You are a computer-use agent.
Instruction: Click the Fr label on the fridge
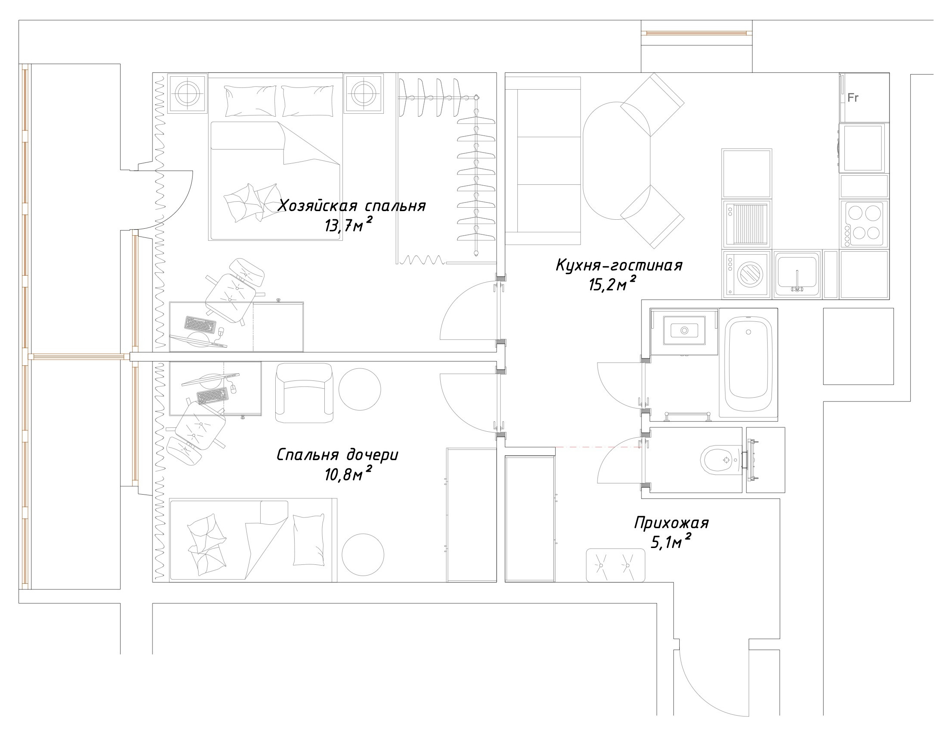[x=853, y=98]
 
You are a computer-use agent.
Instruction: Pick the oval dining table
[x=616, y=161]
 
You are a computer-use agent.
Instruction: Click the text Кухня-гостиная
[x=619, y=265]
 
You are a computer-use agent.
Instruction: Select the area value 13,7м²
[x=348, y=225]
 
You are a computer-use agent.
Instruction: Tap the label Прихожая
[x=671, y=522]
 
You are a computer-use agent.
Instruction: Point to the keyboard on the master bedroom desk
[x=200, y=325]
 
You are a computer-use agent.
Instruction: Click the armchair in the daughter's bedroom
[x=304, y=393]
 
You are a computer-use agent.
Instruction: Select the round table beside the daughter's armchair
[x=360, y=389]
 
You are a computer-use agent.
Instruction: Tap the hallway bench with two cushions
[x=616, y=565]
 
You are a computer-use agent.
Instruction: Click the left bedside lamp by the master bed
[x=188, y=94]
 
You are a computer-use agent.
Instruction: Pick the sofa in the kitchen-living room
[x=543, y=161]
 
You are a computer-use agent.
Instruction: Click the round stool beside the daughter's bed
[x=363, y=555]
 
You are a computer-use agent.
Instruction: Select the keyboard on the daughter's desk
[x=212, y=396]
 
